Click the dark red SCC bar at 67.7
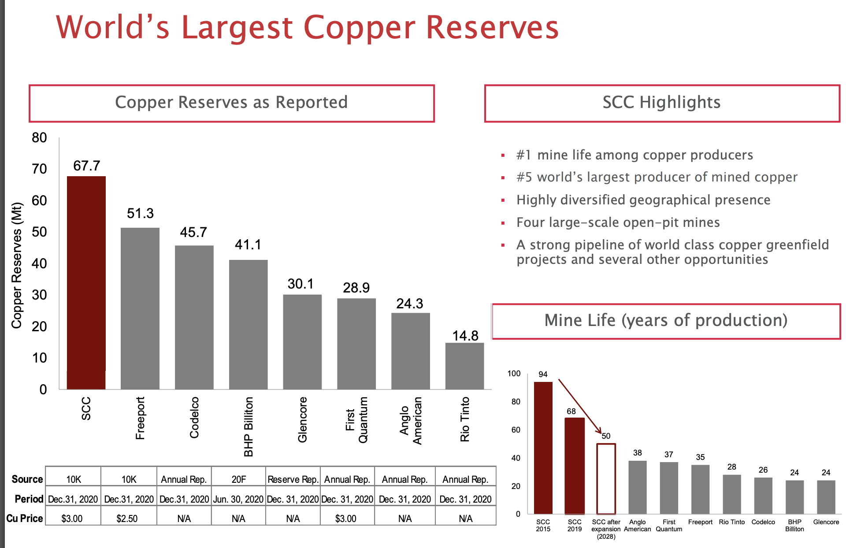[86, 282]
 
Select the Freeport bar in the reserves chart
[140, 308]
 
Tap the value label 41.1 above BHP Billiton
[248, 244]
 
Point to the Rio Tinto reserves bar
[464, 366]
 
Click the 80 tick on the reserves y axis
[39, 138]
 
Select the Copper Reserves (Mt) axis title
[17, 265]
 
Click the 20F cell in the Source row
[238, 479]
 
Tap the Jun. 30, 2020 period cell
[238, 499]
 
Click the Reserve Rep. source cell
[293, 479]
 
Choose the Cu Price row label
[25, 518]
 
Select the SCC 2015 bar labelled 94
[543, 447]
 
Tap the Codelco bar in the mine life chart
[763, 496]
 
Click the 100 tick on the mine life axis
[514, 374]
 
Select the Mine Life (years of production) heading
[666, 320]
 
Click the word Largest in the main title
[237, 27]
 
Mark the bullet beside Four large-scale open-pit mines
[503, 223]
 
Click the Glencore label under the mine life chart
[826, 522]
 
